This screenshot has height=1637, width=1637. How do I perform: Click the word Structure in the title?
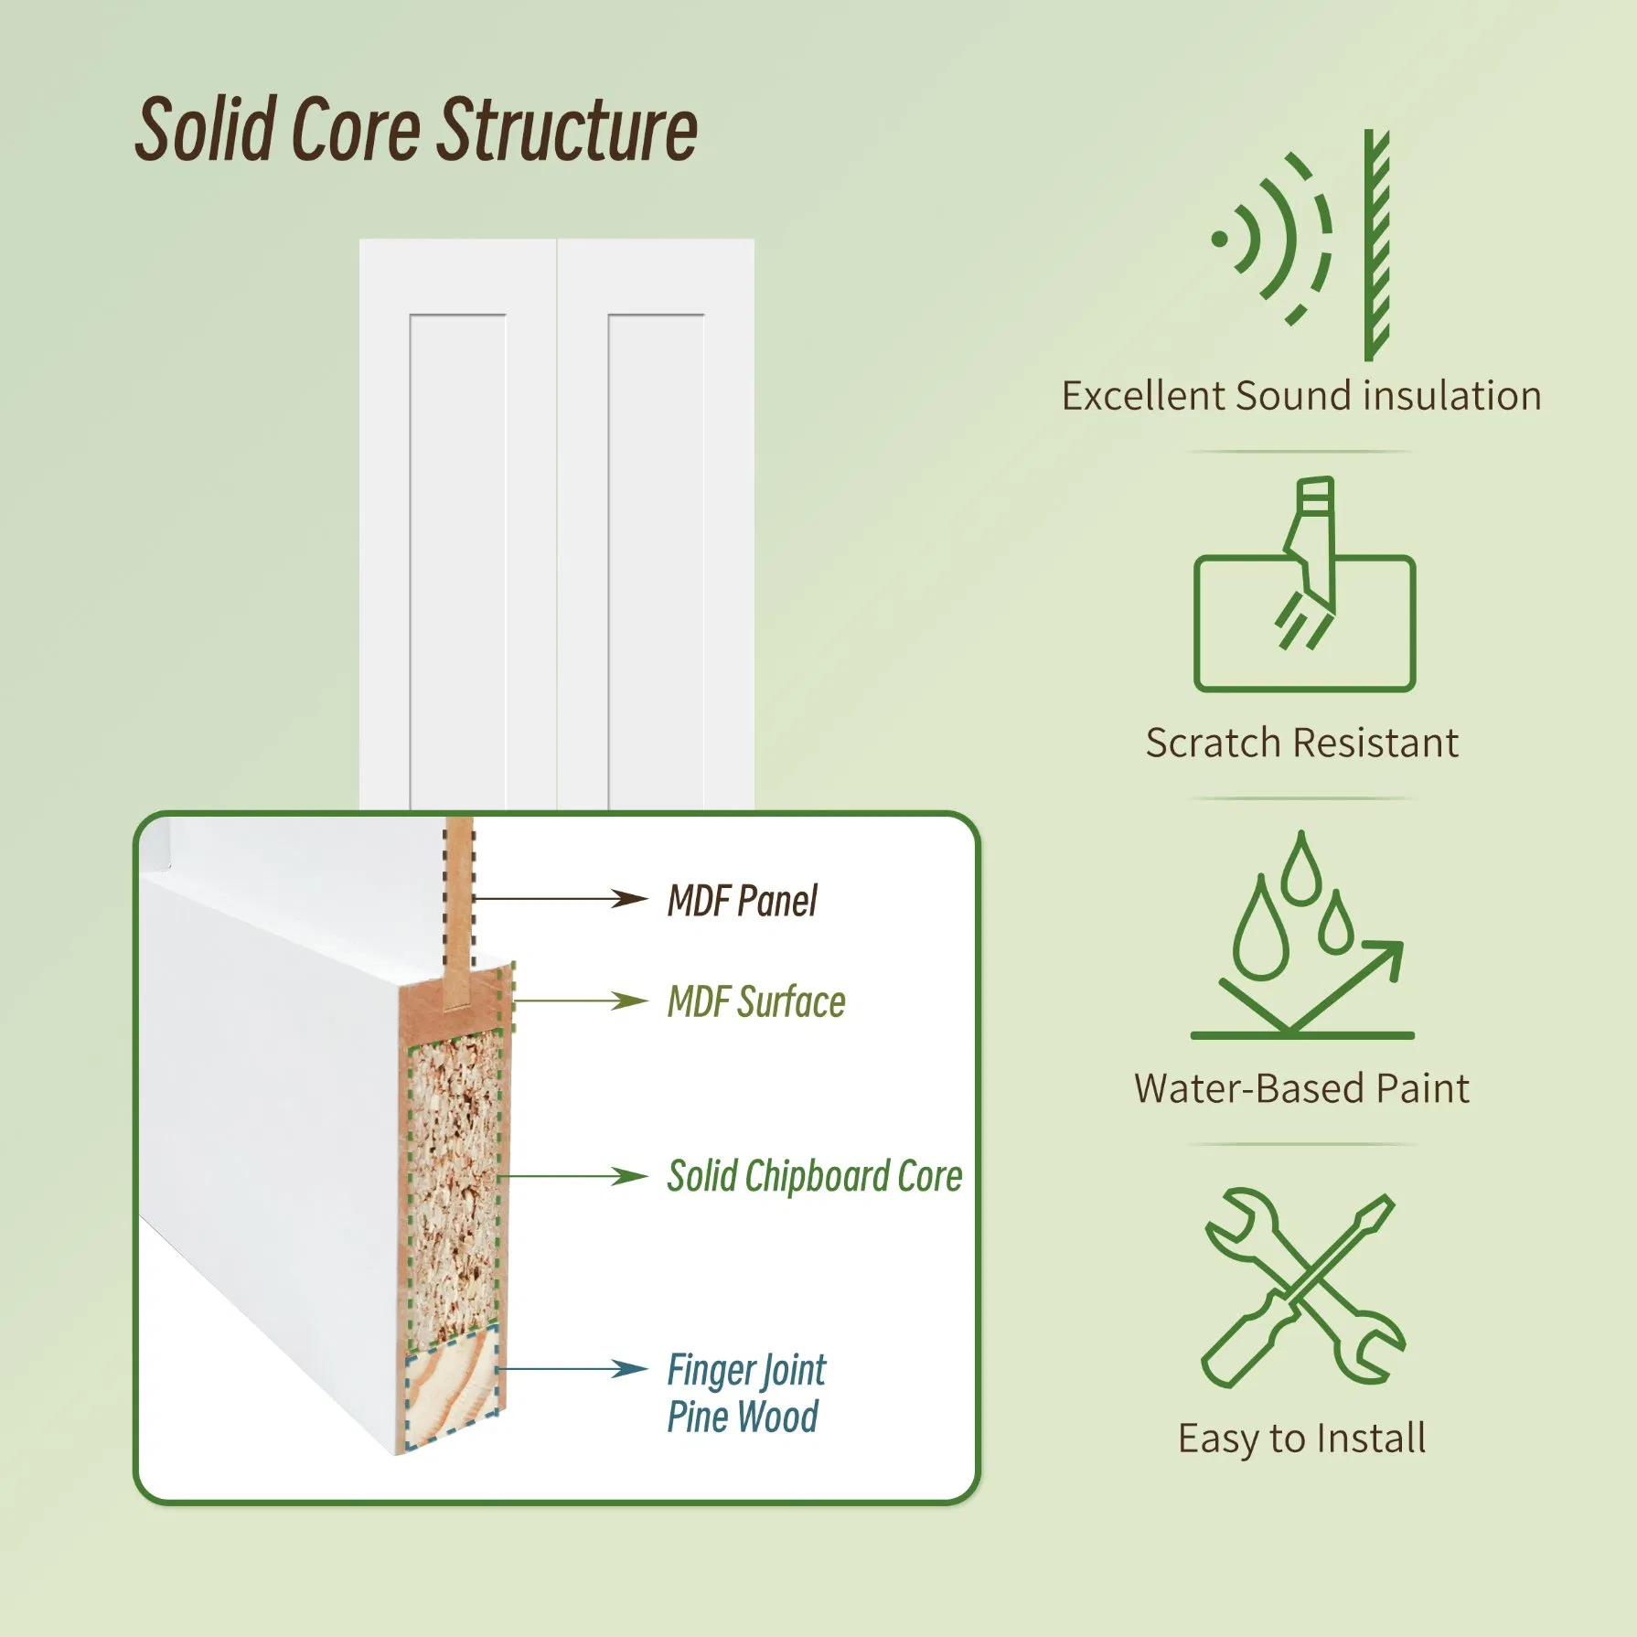coord(568,130)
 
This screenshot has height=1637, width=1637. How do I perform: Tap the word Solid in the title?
coord(206,130)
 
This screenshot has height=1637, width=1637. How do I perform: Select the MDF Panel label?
coord(742,901)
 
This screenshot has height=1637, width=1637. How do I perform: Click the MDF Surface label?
coord(756,1001)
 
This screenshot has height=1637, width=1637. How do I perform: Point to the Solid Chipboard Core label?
coord(814,1176)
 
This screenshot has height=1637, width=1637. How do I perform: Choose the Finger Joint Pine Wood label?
coord(745,1393)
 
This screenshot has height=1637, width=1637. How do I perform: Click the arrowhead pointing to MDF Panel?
coord(631,898)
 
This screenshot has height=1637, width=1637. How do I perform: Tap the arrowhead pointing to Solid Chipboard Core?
coord(631,1176)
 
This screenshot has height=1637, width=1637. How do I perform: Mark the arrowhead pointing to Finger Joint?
coord(631,1369)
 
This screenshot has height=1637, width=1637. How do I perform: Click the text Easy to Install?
coord(1301,1439)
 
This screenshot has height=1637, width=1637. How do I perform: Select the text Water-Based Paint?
coord(1301,1088)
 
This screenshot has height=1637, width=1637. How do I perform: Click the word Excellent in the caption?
coord(1143,396)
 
